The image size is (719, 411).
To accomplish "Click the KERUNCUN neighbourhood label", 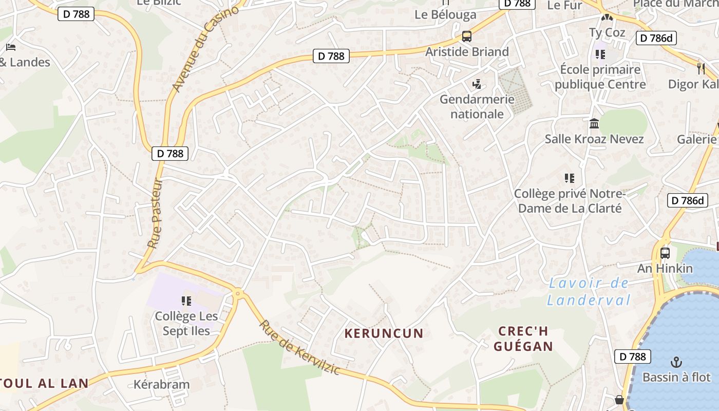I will tap(384, 333).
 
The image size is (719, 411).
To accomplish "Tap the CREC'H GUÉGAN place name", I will tap(523, 339).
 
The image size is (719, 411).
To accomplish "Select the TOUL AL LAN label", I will tap(44, 383).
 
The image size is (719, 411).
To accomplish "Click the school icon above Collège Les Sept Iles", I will tap(186, 301).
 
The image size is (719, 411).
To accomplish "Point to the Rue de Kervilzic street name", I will tap(299, 347).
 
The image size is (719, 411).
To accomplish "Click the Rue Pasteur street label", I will tap(155, 214).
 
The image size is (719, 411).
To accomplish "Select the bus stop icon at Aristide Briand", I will tap(466, 36).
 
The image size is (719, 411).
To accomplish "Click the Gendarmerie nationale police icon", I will tap(477, 84).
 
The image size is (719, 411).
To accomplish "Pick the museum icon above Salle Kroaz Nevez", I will tap(594, 124).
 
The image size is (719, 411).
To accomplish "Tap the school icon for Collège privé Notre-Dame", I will tap(569, 178).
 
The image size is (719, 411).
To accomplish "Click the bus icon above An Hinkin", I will tap(665, 253).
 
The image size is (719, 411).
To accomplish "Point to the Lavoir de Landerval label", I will tap(589, 291).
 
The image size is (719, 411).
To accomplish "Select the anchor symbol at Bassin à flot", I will tap(676, 362).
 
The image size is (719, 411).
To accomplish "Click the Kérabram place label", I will tap(161, 384).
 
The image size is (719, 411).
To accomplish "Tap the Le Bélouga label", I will tap(445, 14).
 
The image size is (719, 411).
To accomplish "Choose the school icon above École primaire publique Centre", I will tap(600, 54).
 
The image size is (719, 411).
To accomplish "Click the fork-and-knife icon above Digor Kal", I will tap(701, 68).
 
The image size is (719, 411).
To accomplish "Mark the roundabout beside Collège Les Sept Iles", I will tap(237, 293).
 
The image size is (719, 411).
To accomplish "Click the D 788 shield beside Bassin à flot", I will tap(632, 357).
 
